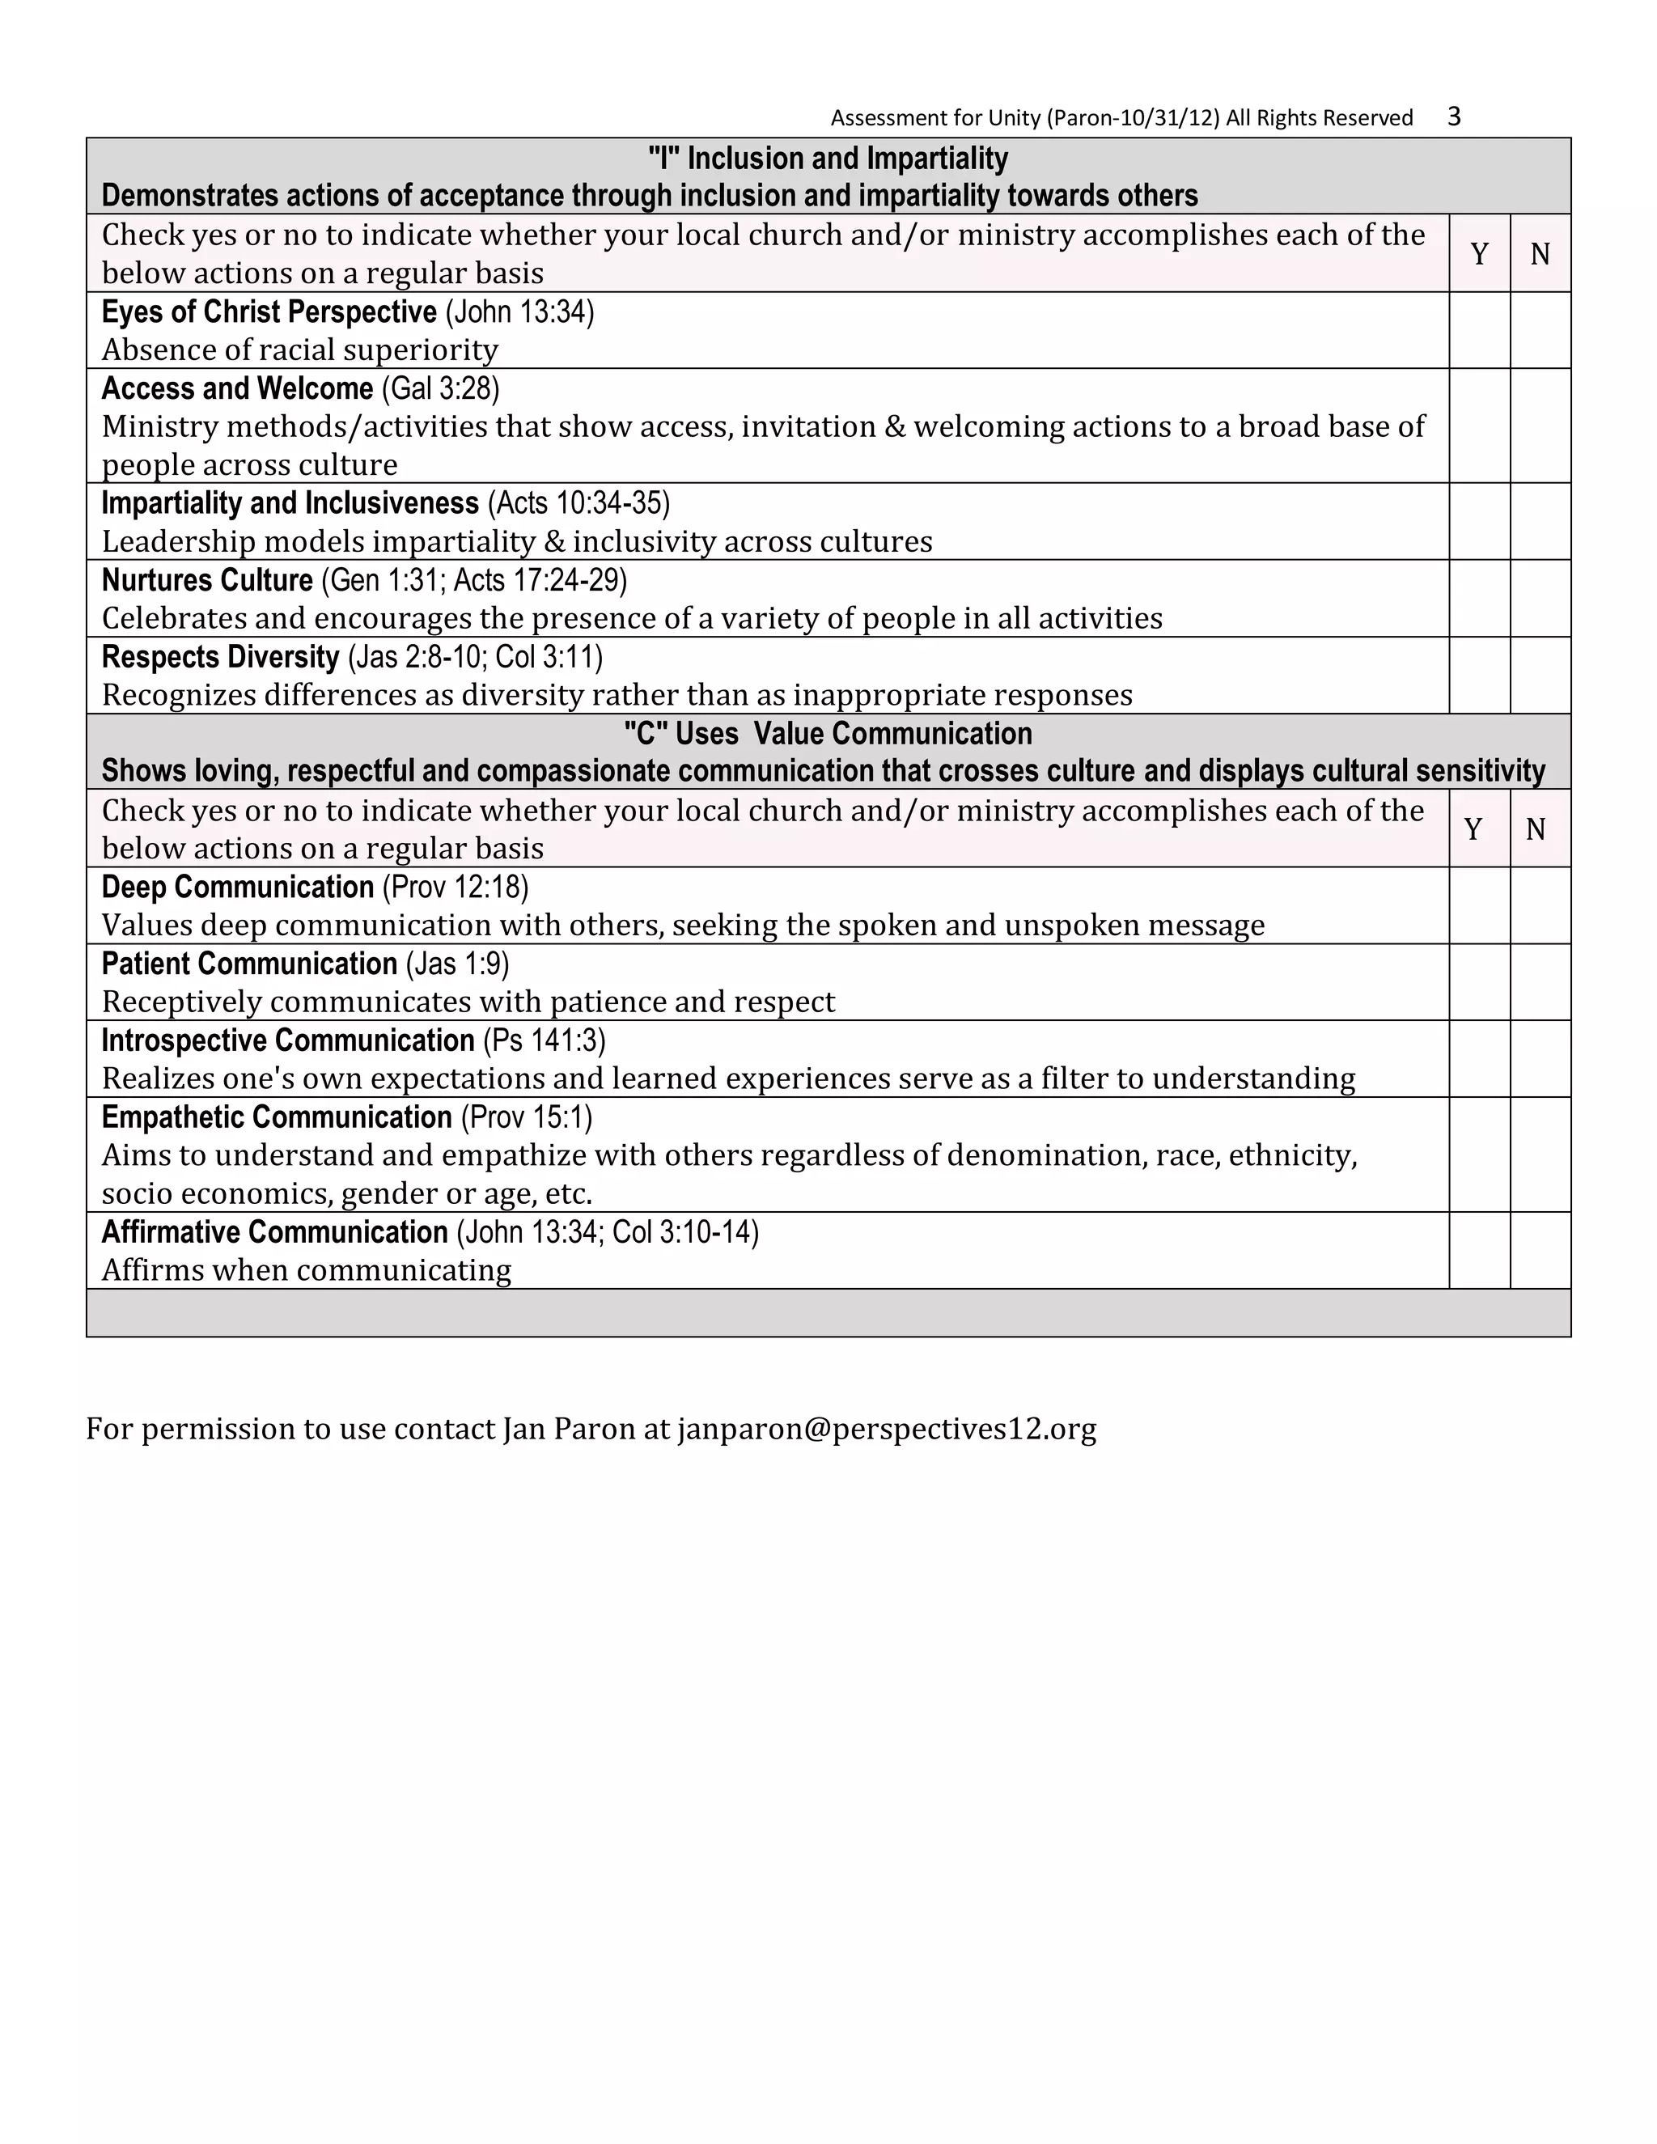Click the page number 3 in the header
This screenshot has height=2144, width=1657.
click(x=1454, y=117)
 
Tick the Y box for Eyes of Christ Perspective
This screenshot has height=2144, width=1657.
click(x=1479, y=330)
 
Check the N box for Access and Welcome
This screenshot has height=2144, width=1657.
click(x=1540, y=425)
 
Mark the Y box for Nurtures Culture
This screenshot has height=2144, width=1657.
click(x=1479, y=598)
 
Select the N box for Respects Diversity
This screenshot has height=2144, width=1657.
click(x=1540, y=675)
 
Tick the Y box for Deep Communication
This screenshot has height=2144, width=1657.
click(x=1479, y=905)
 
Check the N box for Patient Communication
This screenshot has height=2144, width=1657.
click(x=1540, y=981)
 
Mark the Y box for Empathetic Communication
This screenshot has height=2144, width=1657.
click(x=1479, y=1154)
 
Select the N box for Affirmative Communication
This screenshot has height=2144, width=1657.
click(x=1540, y=1250)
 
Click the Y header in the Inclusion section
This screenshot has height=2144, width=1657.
click(x=1479, y=254)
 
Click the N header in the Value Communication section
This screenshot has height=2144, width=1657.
click(x=1536, y=829)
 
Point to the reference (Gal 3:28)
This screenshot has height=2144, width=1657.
click(x=440, y=388)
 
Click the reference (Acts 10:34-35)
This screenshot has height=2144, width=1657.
click(x=578, y=502)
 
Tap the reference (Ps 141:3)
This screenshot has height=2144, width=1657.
click(x=544, y=1040)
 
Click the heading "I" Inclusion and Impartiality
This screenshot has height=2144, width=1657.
click(x=828, y=158)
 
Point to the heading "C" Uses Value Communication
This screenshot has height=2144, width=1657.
click(x=828, y=733)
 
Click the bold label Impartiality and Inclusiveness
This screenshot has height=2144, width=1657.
click(x=290, y=502)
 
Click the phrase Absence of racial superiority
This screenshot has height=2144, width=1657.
click(x=299, y=350)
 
